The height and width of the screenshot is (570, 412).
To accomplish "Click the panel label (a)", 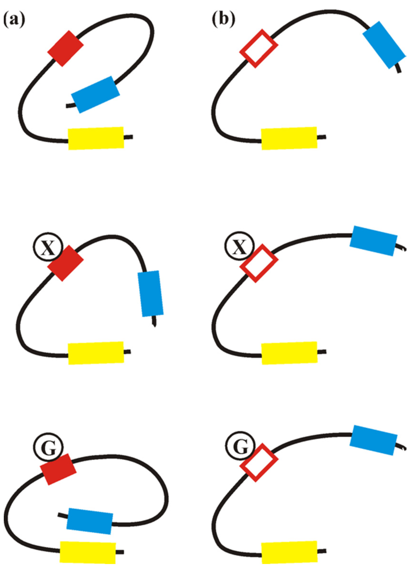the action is pos(14,20).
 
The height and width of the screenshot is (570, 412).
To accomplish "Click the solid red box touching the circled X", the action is pos(65,263).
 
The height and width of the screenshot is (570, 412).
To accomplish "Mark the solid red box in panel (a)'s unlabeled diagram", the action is pos(65,49).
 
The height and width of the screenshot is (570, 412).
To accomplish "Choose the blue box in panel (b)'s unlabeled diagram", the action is pos(384,45).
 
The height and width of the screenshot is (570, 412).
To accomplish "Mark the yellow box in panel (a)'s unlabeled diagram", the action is pos(96,138).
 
